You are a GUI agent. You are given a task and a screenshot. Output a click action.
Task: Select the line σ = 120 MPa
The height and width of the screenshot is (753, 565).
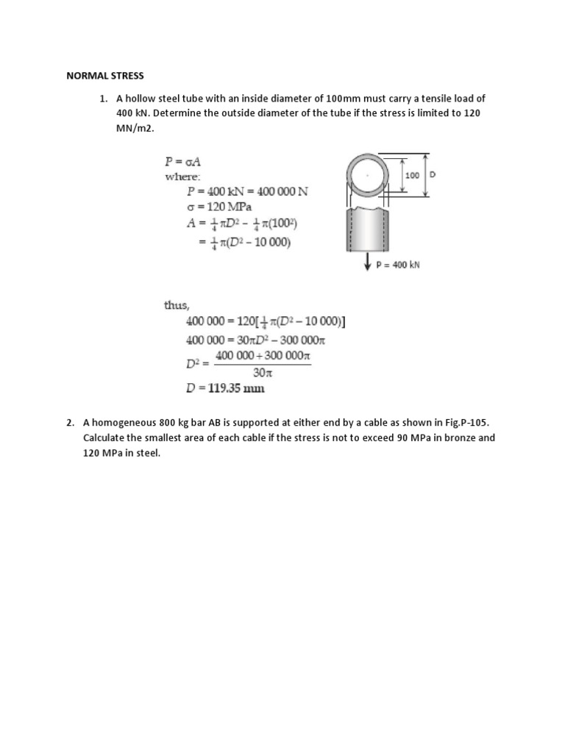[x=221, y=206]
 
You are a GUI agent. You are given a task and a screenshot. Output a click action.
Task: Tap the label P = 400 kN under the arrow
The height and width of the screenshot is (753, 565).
[x=398, y=265]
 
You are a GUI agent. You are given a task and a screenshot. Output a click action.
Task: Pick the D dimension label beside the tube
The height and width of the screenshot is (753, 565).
[x=432, y=176]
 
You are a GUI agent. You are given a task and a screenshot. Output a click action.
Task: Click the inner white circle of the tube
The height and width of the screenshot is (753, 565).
[x=366, y=177]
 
